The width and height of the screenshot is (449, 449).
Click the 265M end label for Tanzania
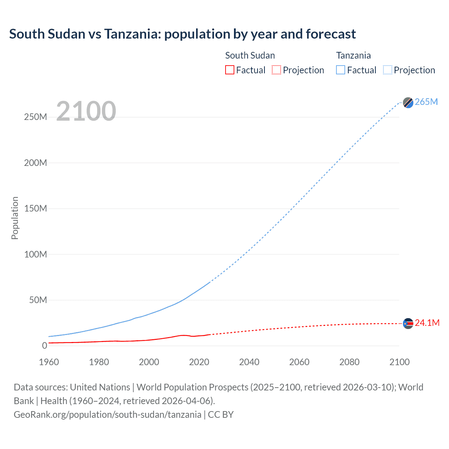pos(426,102)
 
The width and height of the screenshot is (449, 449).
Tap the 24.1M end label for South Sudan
pos(427,323)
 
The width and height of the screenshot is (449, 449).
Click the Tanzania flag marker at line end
pos(408,102)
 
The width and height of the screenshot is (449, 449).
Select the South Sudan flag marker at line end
pos(408,323)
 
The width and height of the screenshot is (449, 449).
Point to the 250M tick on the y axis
pos(35,117)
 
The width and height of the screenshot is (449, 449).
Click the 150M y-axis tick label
pos(35,209)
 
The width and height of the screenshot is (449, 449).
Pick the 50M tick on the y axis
pos(38,300)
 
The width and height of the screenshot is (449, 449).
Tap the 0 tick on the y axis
pos(45,346)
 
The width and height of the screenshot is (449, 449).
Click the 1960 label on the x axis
pos(49,362)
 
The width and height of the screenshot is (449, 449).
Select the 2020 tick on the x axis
pos(199,362)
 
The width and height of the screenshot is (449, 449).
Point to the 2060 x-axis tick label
pos(299,362)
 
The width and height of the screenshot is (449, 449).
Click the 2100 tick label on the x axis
pos(399,362)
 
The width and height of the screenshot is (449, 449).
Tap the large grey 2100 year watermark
pos(86,111)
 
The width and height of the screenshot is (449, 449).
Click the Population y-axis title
pos(15,218)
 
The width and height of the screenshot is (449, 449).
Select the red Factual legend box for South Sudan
pos(229,70)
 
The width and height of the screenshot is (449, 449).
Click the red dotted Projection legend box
pos(276,70)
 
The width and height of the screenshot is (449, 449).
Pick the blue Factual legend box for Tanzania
pos(340,70)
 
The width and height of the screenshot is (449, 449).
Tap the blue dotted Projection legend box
pos(387,70)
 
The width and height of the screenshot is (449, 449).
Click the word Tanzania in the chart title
pos(132,34)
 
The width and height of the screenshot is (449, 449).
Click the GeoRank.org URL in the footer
pos(107,415)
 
